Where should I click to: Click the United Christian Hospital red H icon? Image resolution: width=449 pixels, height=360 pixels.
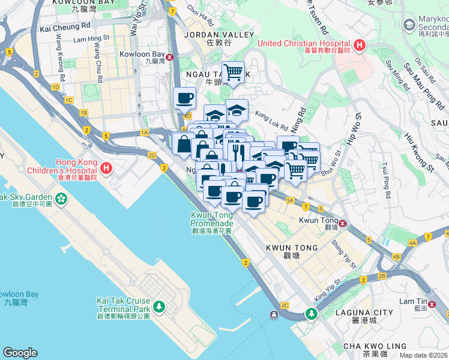tap(359, 44)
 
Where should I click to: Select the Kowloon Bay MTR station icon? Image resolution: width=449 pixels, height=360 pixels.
tap(170, 57)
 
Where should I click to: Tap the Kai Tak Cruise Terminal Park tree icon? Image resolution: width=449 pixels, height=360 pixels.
tap(158, 307)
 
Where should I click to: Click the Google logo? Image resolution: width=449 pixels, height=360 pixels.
tap(20, 353)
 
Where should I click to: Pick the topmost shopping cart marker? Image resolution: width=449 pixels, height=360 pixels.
tap(233, 73)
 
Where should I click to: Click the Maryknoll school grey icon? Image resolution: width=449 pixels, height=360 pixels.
tap(409, 25)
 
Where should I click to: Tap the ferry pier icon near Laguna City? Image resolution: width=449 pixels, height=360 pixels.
tap(274, 314)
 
